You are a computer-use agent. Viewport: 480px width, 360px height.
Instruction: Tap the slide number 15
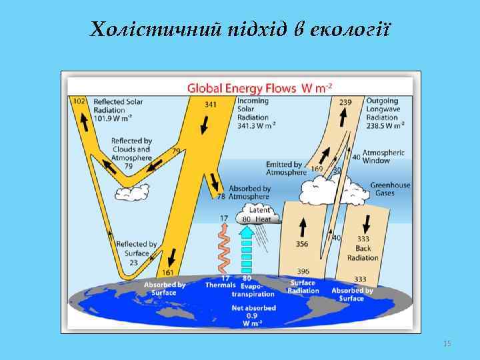(x=447, y=343)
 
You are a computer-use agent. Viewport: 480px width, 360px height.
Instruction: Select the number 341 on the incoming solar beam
(x=211, y=104)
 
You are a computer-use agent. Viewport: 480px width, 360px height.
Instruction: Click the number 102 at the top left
(x=79, y=101)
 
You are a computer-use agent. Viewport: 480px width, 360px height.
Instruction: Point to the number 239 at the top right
(x=345, y=101)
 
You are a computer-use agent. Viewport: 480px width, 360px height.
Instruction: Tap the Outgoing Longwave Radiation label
(x=385, y=113)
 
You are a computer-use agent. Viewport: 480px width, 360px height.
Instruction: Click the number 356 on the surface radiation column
(x=302, y=244)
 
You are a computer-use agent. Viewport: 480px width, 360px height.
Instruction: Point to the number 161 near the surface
(x=167, y=273)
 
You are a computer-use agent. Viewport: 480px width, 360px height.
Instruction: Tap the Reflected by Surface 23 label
(x=135, y=253)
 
